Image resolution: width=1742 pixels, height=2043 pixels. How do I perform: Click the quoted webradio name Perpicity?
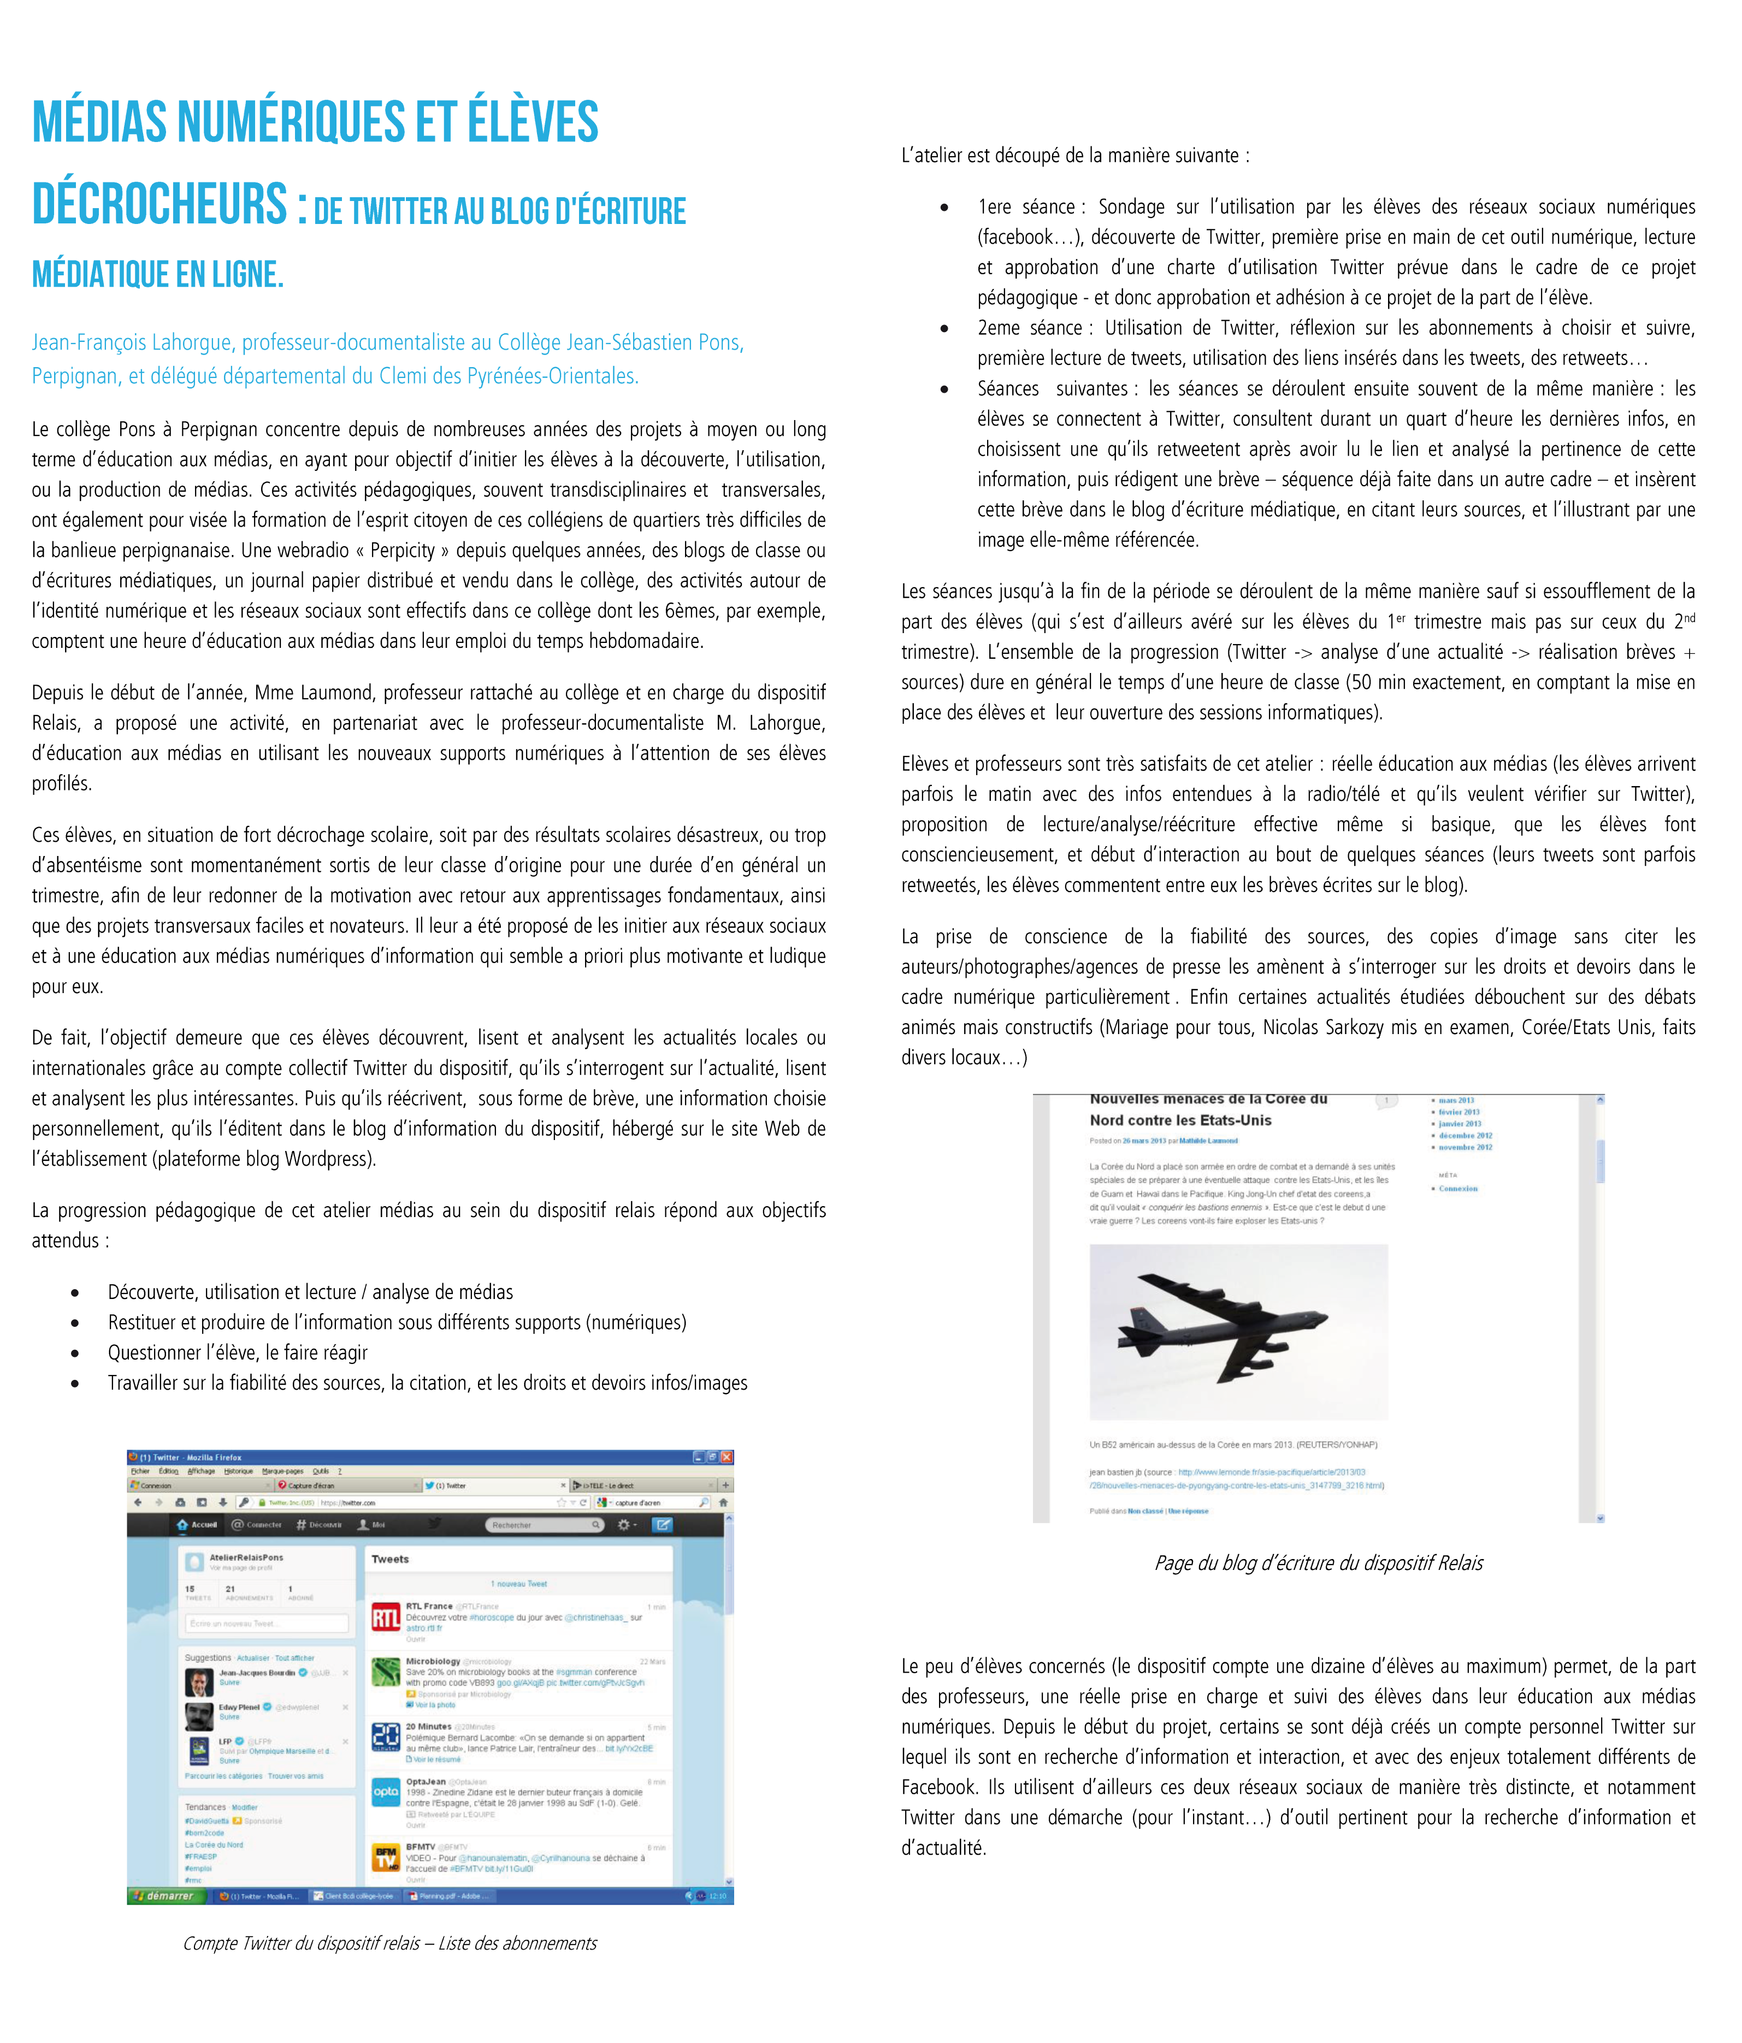402,550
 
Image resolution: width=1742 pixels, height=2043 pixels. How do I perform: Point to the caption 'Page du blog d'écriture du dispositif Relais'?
1318,1563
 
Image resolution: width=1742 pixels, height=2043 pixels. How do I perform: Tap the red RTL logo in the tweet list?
386,1617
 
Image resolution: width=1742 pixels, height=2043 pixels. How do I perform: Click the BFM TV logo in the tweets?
386,1857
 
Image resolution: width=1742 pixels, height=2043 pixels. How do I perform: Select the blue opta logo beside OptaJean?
386,1792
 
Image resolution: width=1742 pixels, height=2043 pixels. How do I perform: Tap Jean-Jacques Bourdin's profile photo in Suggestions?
199,1679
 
